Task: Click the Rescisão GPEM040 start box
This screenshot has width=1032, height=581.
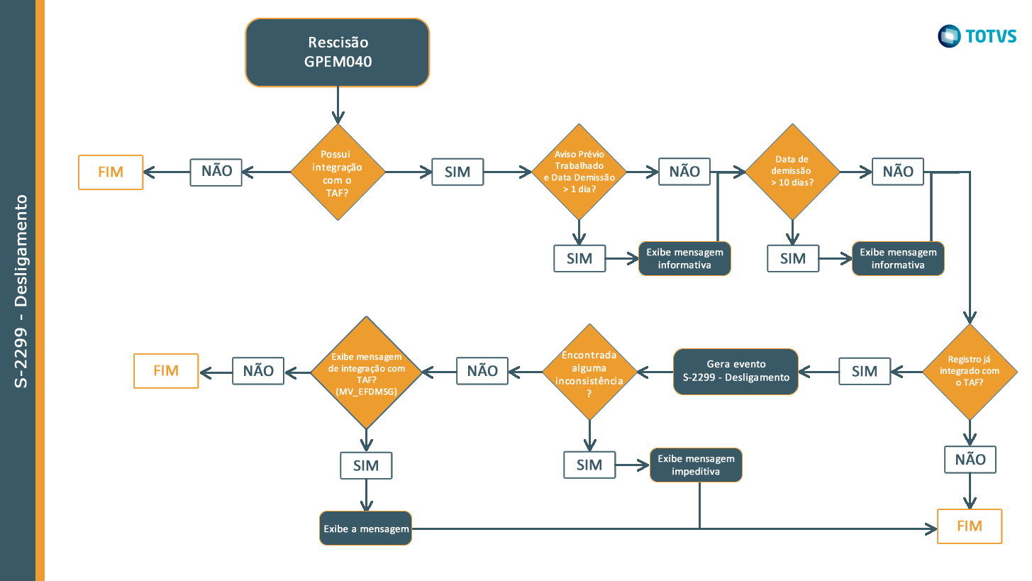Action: (x=338, y=52)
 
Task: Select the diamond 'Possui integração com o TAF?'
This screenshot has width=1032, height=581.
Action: (x=338, y=172)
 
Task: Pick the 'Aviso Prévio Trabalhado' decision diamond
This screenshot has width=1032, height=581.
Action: (x=579, y=172)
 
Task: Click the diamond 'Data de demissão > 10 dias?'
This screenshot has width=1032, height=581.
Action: (x=792, y=172)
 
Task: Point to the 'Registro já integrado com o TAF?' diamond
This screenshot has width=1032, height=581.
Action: (x=969, y=372)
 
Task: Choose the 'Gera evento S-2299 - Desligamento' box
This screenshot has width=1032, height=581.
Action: (x=736, y=371)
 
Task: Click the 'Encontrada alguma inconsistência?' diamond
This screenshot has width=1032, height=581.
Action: (x=589, y=372)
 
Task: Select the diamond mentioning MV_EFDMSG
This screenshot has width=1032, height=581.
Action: (x=366, y=372)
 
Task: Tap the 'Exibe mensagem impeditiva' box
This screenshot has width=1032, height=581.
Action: (x=696, y=465)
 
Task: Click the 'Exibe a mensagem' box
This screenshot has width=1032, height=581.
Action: (x=365, y=529)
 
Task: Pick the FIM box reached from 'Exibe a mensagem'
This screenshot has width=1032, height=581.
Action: (x=969, y=526)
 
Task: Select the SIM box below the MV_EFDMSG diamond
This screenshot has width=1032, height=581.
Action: (x=366, y=466)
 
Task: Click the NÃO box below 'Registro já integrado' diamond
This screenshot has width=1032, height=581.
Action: (x=970, y=460)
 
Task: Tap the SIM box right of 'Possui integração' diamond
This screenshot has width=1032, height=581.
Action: (x=457, y=172)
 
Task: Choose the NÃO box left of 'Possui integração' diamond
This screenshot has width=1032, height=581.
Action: (x=216, y=172)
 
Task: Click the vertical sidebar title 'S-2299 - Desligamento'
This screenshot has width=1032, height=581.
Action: (x=21, y=291)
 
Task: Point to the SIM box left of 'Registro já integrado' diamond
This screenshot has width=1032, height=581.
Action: (x=865, y=371)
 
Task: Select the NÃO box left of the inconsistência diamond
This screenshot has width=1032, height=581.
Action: (x=482, y=370)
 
